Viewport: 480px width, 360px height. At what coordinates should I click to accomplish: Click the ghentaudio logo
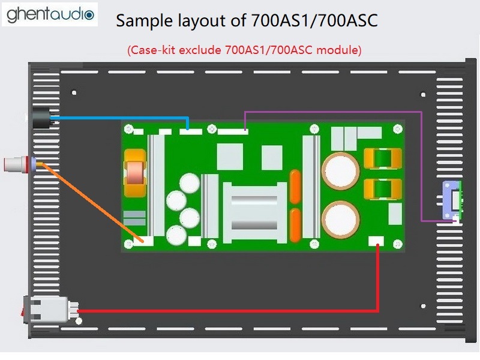(x=50, y=14)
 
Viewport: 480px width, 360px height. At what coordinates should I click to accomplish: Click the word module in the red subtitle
(x=338, y=50)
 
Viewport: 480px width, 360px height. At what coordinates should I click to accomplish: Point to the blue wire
(x=119, y=117)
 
